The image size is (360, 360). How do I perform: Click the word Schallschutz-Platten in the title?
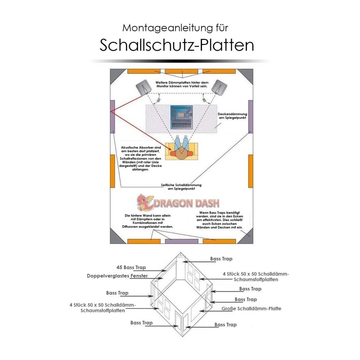click(176, 45)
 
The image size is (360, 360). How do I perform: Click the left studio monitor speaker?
click(144, 87)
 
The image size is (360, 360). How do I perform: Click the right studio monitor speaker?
click(219, 87)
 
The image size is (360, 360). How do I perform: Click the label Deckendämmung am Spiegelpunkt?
click(232, 116)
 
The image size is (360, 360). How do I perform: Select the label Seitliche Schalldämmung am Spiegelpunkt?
click(181, 186)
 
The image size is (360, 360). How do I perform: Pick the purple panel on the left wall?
click(112, 117)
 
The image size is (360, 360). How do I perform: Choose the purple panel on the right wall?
click(251, 117)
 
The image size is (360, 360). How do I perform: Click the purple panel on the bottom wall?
click(181, 241)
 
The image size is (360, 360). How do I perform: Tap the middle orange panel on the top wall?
click(181, 71)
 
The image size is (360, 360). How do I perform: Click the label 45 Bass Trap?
click(131, 267)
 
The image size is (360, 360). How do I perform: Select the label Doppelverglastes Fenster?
click(117, 276)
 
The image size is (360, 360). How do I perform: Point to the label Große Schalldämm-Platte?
click(251, 309)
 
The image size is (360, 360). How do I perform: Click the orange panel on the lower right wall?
click(251, 171)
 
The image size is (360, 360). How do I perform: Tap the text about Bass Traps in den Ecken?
click(219, 220)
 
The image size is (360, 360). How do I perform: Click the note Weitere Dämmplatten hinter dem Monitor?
click(182, 84)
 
